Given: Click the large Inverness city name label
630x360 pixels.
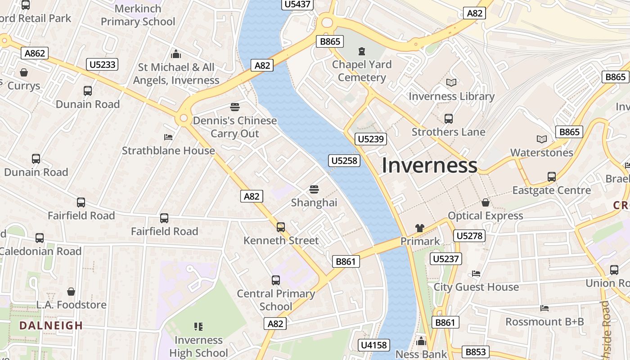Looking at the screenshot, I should (429, 166).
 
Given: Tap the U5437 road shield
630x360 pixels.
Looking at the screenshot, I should (297, 4).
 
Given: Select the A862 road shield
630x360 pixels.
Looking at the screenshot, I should (35, 53).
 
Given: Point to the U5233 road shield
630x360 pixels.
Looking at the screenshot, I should (103, 64).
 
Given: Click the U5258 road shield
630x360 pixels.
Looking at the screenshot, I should (344, 160).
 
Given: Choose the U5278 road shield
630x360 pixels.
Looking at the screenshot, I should (469, 235).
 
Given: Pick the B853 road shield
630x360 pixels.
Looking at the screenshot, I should (476, 352).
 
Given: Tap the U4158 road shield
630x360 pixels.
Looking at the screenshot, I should (373, 345).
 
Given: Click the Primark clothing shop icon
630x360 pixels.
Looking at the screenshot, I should (420, 228).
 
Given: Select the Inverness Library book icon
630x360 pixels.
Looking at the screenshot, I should (451, 83).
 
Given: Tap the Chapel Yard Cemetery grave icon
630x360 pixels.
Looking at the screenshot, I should (362, 51).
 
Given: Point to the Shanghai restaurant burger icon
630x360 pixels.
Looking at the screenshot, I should (314, 189).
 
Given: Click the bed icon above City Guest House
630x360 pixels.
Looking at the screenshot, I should (476, 274).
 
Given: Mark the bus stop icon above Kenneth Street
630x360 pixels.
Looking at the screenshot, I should (281, 227).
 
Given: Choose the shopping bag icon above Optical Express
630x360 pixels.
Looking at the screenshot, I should (485, 202).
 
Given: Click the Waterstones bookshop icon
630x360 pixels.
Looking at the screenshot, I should (542, 139).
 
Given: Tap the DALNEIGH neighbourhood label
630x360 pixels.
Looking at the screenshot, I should (50, 325).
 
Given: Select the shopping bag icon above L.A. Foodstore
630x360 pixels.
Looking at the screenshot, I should (71, 292).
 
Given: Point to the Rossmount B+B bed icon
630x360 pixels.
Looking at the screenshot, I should (544, 308).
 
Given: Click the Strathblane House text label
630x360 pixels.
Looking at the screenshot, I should (168, 150).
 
